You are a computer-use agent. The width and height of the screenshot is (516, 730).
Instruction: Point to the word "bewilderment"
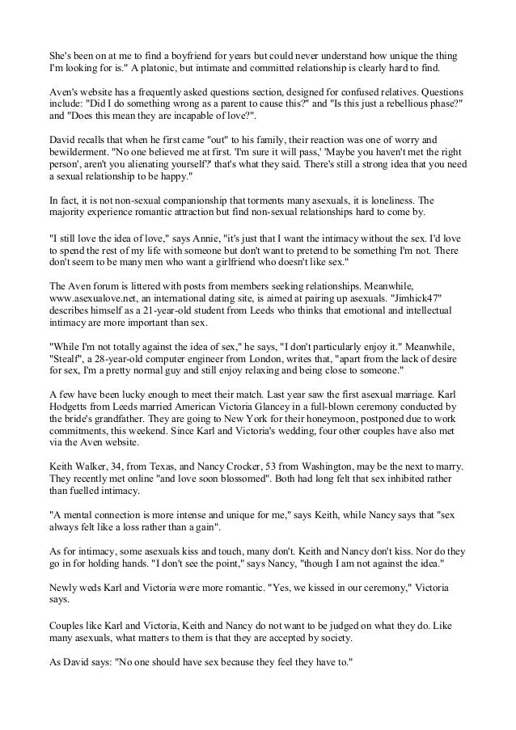click(84, 151)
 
